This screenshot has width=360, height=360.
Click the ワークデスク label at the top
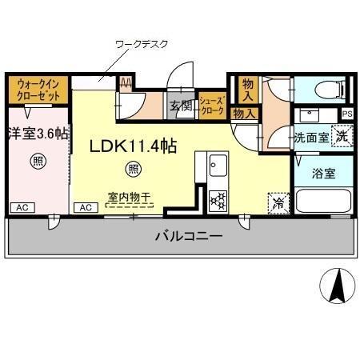pyautogui.click(x=142, y=45)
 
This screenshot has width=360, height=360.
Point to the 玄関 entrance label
pyautogui.click(x=179, y=105)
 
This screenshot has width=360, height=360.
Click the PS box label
pyautogui.click(x=346, y=114)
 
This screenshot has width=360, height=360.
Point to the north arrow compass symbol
pyautogui.click(x=337, y=284)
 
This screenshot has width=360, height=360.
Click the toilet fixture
pyautogui.click(x=326, y=87)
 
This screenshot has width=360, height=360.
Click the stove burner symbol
pyautogui.click(x=218, y=200)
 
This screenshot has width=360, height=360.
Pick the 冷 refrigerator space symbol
pyautogui.click(x=277, y=202)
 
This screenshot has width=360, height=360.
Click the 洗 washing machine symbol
pyautogui.click(x=342, y=136)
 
